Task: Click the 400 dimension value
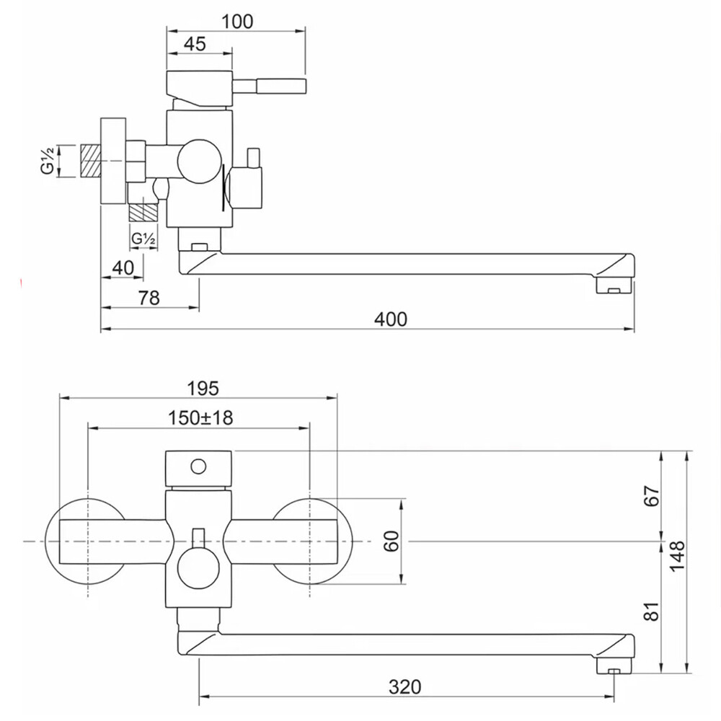click(390, 319)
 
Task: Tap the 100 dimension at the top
click(237, 22)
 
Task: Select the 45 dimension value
click(195, 44)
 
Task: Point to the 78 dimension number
click(149, 298)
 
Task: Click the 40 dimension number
click(123, 267)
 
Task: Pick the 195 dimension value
click(203, 389)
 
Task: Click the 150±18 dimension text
click(200, 418)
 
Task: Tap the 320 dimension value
click(404, 687)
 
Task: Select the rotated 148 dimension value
click(677, 555)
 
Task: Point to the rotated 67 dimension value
click(652, 496)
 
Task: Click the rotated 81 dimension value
click(652, 611)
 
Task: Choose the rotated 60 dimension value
click(392, 541)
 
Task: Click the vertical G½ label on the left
click(48, 160)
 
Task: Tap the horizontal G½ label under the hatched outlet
click(143, 239)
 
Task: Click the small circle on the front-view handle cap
click(199, 467)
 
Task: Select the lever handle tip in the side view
click(304, 86)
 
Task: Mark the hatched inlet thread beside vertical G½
click(91, 161)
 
